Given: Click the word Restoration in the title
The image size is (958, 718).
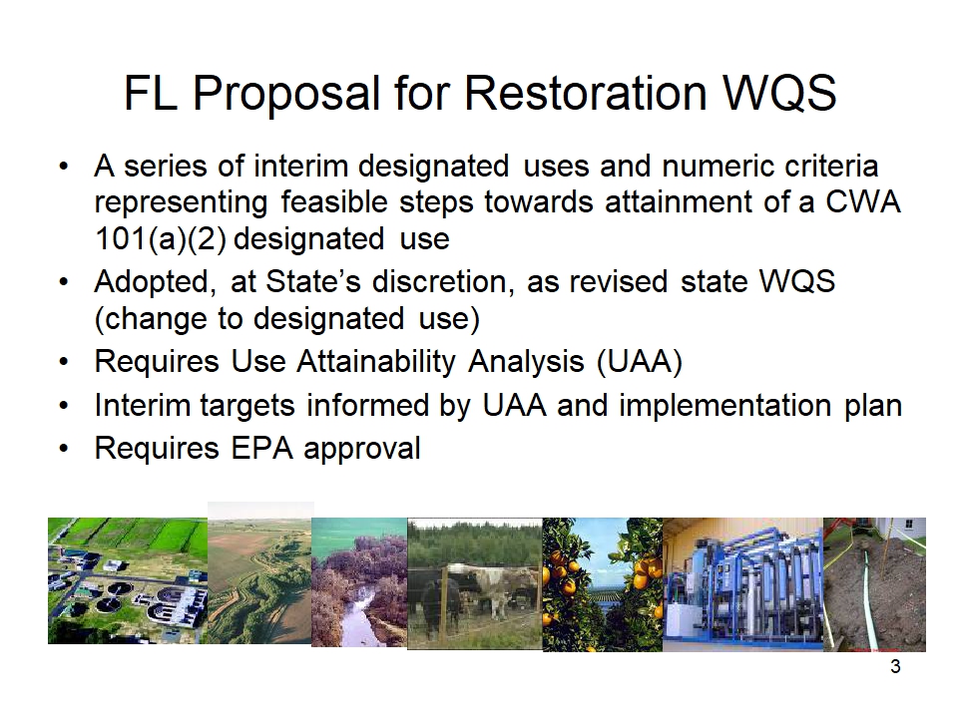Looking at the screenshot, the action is coord(585,93).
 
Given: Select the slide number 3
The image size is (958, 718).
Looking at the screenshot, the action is coord(895,667).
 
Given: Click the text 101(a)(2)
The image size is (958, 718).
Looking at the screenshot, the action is coord(161,238).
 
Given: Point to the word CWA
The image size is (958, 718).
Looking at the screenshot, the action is coord(863,202).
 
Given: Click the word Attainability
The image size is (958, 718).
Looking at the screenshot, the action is coord(376,361).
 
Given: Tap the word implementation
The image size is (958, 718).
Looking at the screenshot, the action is coord(725,406).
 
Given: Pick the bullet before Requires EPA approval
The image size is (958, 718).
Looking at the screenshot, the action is coord(64,449).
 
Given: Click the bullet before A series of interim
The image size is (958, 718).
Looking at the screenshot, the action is coord(64,167).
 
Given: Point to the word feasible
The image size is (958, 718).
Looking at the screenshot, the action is coord(334,202).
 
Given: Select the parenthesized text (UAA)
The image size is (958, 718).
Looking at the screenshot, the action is coord(640,361).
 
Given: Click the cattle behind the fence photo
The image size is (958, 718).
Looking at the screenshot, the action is coord(475,583).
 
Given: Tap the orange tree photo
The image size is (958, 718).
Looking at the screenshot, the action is coord(603,584).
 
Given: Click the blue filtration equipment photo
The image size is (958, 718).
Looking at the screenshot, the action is coord(742,584).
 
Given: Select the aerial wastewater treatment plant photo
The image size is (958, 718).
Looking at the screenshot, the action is coord(128,580).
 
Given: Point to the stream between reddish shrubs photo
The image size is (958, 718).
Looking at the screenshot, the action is coord(359,581).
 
